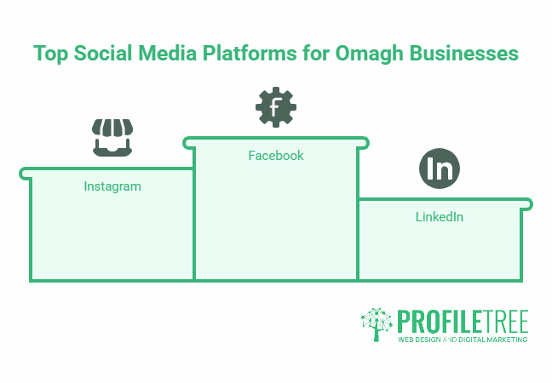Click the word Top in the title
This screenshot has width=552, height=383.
pos(50,53)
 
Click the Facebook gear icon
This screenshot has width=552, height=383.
pos(275,107)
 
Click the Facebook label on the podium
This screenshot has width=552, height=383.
pos(275,156)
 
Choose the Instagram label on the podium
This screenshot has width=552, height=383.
pos(112,186)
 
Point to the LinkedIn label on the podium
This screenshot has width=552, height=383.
pos(440,217)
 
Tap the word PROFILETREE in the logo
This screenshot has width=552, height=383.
pos(463,321)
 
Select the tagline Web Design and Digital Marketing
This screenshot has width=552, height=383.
pos(463,340)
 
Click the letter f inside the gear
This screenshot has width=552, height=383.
pos(275,108)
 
